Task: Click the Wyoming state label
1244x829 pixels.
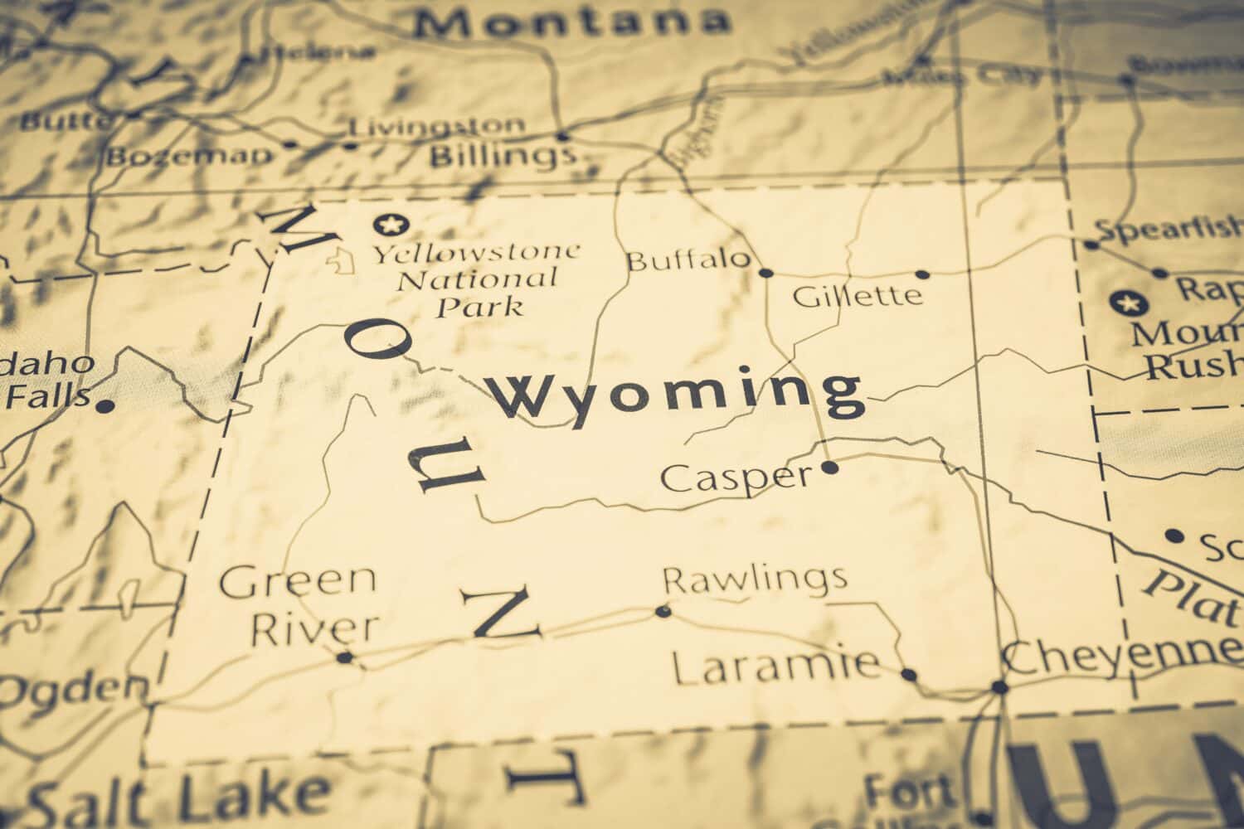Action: pos(676,395)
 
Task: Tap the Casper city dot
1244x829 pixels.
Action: pos(829,468)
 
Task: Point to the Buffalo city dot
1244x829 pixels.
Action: pos(765,272)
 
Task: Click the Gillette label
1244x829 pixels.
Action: pos(858,295)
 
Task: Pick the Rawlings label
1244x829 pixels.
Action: pos(755,578)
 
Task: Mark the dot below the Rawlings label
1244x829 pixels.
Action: pos(662,612)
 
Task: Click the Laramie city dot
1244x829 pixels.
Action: pos(909,675)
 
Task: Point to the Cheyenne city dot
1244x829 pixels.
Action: pos(1000,686)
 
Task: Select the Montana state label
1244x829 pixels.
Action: pos(572,22)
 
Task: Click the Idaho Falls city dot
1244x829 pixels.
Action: pos(104,406)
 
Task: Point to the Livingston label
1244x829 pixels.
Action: pos(436,127)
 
